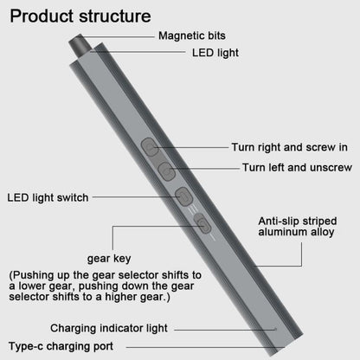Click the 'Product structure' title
80,16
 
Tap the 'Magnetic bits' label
192,35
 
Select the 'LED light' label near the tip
215,53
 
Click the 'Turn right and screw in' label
289,147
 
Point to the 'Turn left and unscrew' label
297,167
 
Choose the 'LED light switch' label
48,197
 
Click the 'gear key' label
109,259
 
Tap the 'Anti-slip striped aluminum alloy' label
298,227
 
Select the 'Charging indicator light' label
109,328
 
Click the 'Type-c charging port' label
61,346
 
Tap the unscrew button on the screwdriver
167,171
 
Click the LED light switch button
184,196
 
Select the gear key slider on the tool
202,223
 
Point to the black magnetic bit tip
80,45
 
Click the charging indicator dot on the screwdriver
275,329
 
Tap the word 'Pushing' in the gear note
34,275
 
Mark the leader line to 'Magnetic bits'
117,37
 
